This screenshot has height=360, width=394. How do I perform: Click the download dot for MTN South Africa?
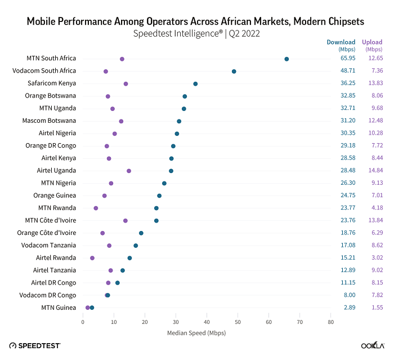[286, 59]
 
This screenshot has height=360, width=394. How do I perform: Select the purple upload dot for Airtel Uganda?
[129, 171]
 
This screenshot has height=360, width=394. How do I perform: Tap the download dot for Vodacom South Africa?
[234, 72]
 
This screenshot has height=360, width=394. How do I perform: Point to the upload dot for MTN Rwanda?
[96, 208]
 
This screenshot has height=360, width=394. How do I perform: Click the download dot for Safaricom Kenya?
[195, 84]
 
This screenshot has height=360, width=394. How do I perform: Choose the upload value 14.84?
[375, 171]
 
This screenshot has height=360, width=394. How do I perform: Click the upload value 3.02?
[376, 257]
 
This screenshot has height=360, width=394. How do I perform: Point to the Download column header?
[341, 42]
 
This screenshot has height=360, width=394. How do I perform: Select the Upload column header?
[372, 42]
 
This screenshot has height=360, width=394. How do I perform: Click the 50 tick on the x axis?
[238, 322]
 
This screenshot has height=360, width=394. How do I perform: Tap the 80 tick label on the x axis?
[331, 322]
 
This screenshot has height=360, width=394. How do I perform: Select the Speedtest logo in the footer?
[35, 345]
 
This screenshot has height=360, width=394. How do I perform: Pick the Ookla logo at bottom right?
[373, 345]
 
